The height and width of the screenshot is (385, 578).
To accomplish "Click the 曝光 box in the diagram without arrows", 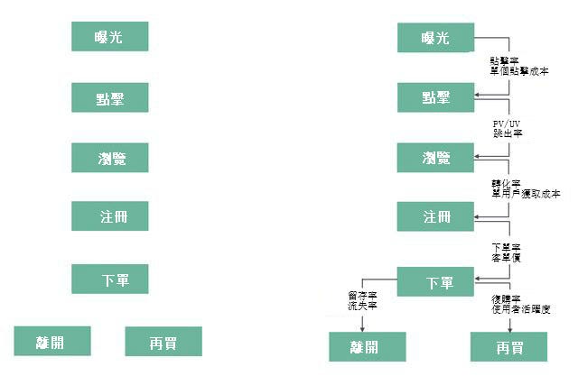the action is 109,37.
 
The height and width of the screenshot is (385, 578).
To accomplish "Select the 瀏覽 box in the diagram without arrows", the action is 109,158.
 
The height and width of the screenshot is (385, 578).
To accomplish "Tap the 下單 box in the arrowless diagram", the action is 109,279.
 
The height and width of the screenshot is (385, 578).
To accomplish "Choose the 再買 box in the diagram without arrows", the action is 163,342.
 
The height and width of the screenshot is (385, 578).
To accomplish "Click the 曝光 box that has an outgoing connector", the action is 435,38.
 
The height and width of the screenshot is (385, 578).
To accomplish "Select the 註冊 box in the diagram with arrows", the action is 435,217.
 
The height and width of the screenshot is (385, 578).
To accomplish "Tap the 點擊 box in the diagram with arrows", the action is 435,97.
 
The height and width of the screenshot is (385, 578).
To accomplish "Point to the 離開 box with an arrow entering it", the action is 366,346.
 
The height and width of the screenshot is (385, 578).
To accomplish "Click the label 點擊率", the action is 500,60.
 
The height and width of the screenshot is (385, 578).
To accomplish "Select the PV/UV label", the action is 507,122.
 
